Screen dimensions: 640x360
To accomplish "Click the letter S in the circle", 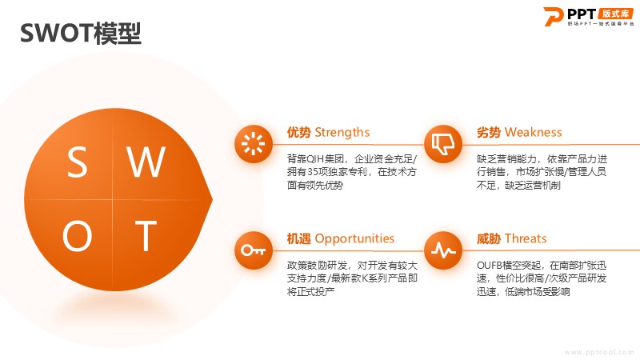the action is tap(77, 162).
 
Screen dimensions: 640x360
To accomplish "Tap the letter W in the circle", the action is tap(146, 162).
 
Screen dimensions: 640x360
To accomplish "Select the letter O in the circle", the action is tap(77, 235).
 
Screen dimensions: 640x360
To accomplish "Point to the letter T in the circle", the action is tap(146, 235).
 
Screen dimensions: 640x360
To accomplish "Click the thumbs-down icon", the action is tap(443, 144).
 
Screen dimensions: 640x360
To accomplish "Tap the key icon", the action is tap(253, 250).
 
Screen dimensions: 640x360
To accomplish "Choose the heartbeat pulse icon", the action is tap(443, 250).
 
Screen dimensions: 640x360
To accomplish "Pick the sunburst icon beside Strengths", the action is tap(253, 144).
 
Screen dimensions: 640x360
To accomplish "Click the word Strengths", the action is tap(342, 132).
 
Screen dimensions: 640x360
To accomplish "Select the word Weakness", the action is tap(533, 132).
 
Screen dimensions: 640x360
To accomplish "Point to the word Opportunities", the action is tap(354, 238).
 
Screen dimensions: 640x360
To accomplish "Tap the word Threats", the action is tap(526, 238).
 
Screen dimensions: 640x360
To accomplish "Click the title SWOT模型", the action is tap(81, 34).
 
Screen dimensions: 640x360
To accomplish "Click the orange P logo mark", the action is tap(554, 16).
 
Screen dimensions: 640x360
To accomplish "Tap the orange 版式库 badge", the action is tap(615, 14).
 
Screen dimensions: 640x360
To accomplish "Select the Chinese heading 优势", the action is tap(298, 132).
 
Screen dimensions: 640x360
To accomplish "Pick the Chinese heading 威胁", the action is tap(489, 238).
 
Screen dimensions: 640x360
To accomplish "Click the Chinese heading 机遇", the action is tap(298, 238).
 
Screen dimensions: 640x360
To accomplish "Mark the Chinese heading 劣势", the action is tap(489, 132).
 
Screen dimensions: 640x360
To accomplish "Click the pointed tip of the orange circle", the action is tap(212, 199).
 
